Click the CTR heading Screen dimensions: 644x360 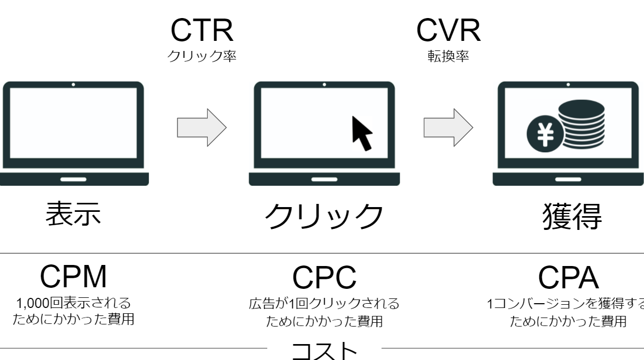tap(202, 30)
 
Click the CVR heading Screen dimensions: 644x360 tap(448, 30)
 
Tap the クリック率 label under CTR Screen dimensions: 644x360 tap(202, 56)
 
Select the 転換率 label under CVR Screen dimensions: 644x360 tap(448, 56)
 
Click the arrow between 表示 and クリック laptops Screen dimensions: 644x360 tap(202, 127)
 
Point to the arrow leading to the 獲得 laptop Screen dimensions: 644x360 tap(448, 127)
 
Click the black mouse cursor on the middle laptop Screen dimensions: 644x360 tap(362, 134)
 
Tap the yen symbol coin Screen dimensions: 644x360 tap(545, 134)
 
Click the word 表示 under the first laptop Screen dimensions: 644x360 tap(73, 213)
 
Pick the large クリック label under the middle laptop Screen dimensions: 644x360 tap(324, 216)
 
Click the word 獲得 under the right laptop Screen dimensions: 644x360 tap(572, 216)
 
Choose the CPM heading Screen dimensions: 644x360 tap(73, 277)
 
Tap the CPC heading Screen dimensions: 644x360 tap(324, 277)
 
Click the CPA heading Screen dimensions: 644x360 tap(569, 277)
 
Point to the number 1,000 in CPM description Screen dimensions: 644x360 tap(33, 303)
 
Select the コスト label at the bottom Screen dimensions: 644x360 tap(324, 351)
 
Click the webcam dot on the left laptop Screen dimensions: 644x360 tap(73, 84)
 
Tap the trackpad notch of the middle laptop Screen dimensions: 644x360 tap(324, 179)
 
